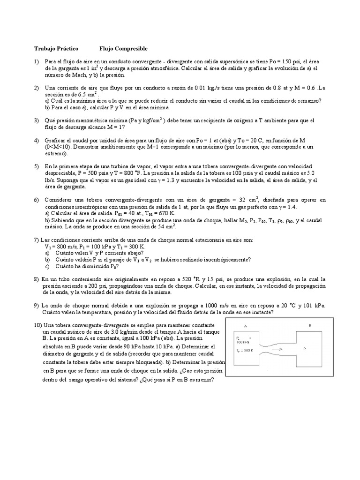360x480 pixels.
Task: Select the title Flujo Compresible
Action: (123, 48)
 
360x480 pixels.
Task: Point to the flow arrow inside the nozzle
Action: (277, 349)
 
